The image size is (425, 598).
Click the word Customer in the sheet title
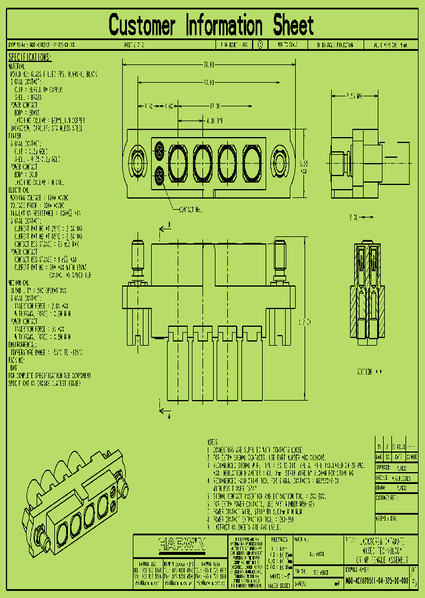142,26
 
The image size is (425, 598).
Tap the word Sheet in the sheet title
293,26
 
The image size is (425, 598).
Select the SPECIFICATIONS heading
30,57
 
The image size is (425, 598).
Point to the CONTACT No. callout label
189,210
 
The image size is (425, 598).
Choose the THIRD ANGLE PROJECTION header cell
338,45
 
